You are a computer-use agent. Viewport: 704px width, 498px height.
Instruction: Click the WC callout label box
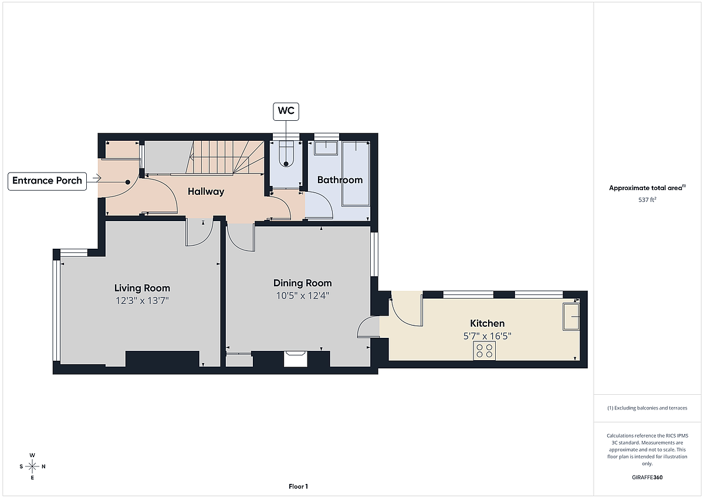[286, 111]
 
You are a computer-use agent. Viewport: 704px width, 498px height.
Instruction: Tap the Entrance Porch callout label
[47, 181]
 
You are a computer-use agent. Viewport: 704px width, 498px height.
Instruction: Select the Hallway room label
[206, 191]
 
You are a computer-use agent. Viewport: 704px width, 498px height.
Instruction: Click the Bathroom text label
[340, 179]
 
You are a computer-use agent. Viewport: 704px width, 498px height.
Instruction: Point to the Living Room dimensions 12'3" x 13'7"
[142, 301]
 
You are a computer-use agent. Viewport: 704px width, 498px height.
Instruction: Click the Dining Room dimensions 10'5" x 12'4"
[302, 296]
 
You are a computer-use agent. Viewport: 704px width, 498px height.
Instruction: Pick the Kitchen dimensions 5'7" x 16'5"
[487, 336]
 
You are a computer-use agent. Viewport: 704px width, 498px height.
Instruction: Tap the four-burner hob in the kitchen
[485, 351]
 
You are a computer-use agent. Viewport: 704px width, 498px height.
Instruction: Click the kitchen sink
[571, 317]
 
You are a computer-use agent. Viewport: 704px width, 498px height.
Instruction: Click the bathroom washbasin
[326, 148]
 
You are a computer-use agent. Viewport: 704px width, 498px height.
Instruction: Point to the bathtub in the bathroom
[356, 174]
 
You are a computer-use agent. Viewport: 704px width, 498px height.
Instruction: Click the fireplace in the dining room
[295, 359]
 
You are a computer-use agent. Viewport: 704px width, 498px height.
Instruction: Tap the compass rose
[32, 466]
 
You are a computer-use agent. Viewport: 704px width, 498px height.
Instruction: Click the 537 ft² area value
[647, 199]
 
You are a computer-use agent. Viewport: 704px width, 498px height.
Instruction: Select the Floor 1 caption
[298, 486]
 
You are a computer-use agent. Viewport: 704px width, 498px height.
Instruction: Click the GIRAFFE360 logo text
[647, 477]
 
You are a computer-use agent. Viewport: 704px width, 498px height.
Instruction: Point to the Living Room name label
[142, 288]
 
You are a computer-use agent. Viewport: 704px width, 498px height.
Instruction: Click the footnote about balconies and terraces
[647, 408]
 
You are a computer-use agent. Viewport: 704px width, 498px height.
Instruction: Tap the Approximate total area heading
[647, 188]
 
